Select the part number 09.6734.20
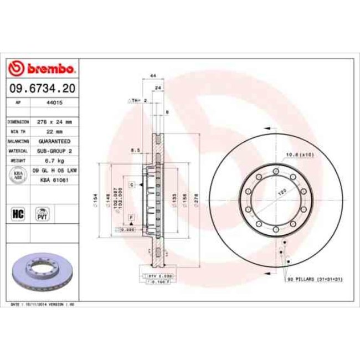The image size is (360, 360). [42, 88]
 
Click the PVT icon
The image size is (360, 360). [42, 213]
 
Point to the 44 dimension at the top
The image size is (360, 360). [152, 75]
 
